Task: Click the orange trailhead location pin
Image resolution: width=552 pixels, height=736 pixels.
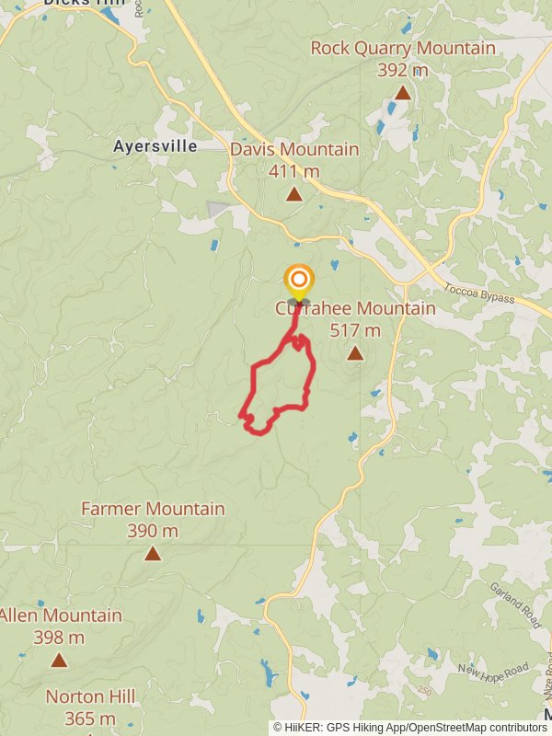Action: click(x=298, y=282)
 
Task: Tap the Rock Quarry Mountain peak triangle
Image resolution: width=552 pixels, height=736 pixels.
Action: click(x=402, y=92)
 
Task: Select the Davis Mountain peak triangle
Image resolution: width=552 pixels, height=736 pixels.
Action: click(x=293, y=193)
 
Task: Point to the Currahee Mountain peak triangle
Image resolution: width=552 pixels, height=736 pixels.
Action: click(x=355, y=352)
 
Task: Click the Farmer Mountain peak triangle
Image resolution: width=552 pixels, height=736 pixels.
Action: click(x=152, y=553)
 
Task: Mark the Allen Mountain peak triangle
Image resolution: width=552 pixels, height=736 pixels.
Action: click(x=59, y=660)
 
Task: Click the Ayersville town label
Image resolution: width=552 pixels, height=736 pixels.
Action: click(x=155, y=146)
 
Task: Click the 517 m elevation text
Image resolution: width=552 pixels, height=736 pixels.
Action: click(x=355, y=330)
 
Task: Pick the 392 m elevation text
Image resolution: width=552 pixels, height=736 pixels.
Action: click(x=403, y=69)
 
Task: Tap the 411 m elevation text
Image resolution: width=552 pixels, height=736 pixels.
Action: click(x=294, y=170)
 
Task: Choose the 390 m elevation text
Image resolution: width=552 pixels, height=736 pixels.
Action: click(x=153, y=531)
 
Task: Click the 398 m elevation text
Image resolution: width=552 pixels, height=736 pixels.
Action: click(x=59, y=637)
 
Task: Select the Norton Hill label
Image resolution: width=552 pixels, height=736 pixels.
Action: click(x=88, y=696)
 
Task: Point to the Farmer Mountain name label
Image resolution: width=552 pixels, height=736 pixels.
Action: click(x=153, y=509)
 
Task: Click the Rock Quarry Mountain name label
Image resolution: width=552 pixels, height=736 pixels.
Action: click(x=403, y=48)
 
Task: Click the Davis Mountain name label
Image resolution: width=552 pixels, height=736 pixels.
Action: click(x=294, y=149)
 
